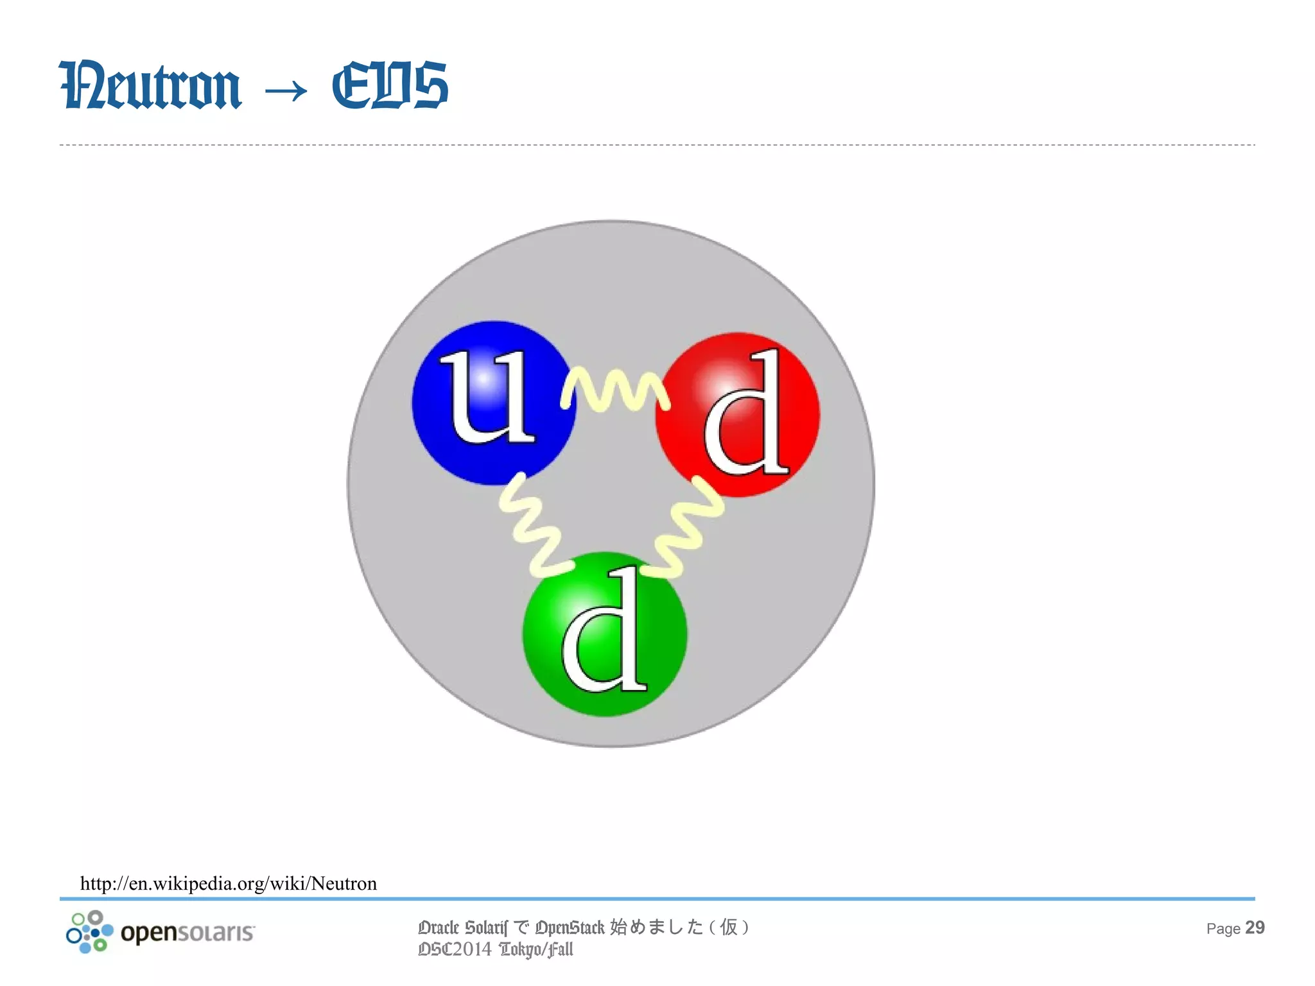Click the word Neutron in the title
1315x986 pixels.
tap(150, 85)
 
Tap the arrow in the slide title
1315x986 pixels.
tap(286, 91)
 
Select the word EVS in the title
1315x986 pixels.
tap(390, 85)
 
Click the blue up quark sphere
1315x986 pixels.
tap(449, 449)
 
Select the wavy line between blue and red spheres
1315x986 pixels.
tap(615, 389)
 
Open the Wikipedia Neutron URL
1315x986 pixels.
tap(229, 884)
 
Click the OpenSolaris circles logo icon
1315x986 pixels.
tap(89, 931)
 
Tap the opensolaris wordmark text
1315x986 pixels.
tap(187, 932)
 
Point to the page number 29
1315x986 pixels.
tap(1255, 928)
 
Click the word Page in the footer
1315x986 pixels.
tap(1223, 929)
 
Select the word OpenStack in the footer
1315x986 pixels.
tap(570, 928)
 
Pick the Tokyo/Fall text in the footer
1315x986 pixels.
tap(536, 949)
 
